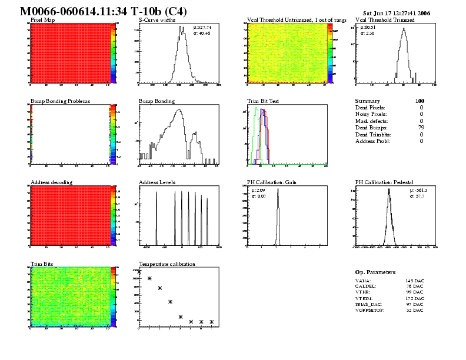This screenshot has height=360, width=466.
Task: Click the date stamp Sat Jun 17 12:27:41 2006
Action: tap(396, 12)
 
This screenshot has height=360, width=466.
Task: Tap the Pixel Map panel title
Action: tap(43, 20)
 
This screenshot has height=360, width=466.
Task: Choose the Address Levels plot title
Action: tap(157, 182)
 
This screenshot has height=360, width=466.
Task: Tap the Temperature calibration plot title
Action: tap(167, 264)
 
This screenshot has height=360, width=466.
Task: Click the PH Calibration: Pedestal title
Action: tap(386, 182)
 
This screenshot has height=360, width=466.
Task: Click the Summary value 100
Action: tap(420, 101)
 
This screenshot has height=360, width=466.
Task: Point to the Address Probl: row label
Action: tap(373, 141)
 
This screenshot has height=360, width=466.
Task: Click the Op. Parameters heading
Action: tap(375, 272)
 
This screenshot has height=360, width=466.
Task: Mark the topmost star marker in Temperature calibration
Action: tap(139, 272)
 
